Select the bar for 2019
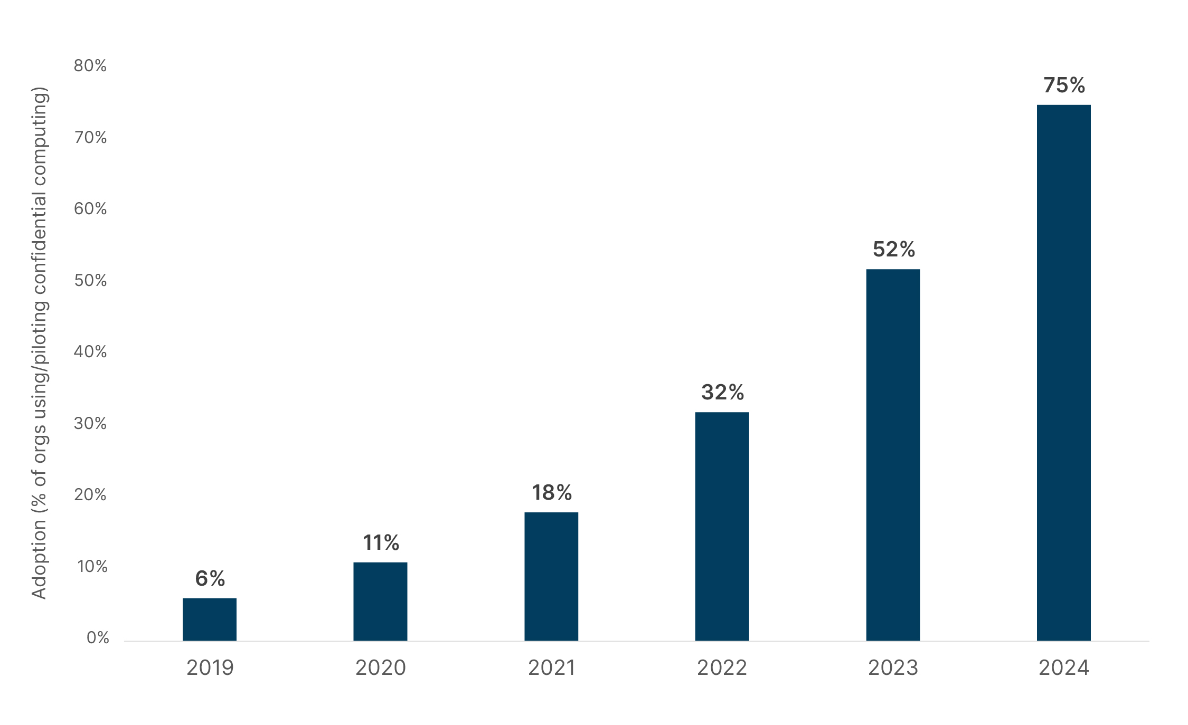(x=210, y=619)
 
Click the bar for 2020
(x=380, y=602)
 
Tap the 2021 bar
(x=551, y=576)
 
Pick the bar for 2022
(x=722, y=527)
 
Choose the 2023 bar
(x=893, y=455)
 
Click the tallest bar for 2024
(x=1063, y=373)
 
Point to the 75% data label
(x=1064, y=85)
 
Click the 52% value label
(x=893, y=250)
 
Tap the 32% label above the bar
(x=722, y=393)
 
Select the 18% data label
(x=551, y=493)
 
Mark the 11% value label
(x=381, y=543)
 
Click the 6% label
(x=210, y=579)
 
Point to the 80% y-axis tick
(x=90, y=66)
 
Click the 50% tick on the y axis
(x=90, y=281)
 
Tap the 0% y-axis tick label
(x=98, y=638)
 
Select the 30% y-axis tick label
(x=90, y=424)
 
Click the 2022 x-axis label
(x=722, y=668)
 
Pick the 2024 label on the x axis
(x=1063, y=668)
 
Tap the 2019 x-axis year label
(x=210, y=668)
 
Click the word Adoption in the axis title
(x=39, y=560)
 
